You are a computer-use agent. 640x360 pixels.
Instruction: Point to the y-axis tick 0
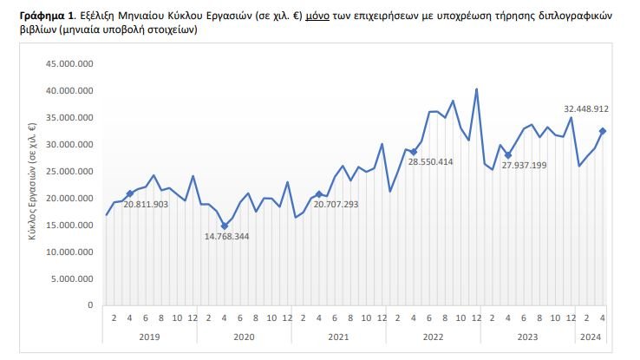[90, 305]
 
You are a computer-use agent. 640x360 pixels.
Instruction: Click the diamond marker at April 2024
[603, 131]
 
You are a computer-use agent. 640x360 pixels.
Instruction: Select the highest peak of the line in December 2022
[476, 89]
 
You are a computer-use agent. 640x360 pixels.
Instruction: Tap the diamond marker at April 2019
[130, 193]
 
